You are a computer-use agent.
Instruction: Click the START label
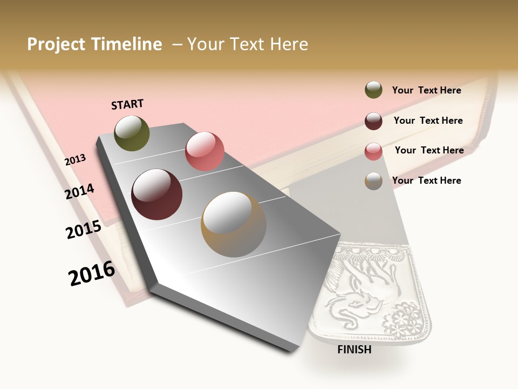point(127,104)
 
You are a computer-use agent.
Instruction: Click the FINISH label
point(354,350)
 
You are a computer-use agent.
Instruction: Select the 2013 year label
point(76,159)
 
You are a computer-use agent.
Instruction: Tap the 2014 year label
point(79,191)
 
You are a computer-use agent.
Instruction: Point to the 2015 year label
point(84,230)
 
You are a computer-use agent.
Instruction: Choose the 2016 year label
point(92,273)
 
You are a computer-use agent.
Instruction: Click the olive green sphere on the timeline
point(132,133)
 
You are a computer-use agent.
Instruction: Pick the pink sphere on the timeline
point(205,151)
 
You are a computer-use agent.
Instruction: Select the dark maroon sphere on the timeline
point(157,194)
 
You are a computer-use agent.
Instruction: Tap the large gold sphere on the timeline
point(234,225)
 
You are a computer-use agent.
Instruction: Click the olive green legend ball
point(373,90)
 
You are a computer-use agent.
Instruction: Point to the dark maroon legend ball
point(373,121)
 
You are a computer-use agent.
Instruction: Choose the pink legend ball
point(373,151)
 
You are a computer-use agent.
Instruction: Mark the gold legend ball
point(373,181)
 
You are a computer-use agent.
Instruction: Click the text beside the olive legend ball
point(426,90)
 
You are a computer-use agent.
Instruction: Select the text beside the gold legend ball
point(426,180)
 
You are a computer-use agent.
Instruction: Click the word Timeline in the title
point(127,44)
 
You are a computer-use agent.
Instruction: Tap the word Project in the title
point(56,44)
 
